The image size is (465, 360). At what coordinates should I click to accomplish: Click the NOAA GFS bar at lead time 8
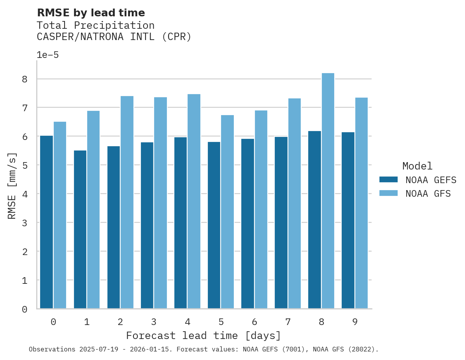coord(328,191)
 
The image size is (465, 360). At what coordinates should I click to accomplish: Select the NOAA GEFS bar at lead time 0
coord(47,222)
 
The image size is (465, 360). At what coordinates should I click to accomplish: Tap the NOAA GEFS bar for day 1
coord(80,229)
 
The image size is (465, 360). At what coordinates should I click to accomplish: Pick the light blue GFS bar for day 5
coord(228,212)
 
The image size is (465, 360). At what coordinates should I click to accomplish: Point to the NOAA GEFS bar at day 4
coord(181,223)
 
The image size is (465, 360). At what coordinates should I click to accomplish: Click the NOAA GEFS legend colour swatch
coord(388,180)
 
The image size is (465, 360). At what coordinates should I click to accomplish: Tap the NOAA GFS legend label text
coord(428,194)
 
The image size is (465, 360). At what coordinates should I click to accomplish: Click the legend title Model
coord(417,166)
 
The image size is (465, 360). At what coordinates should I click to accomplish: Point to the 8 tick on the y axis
coord(25,79)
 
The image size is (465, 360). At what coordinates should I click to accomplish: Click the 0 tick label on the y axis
coord(25,309)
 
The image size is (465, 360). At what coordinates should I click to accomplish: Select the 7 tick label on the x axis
coord(288,322)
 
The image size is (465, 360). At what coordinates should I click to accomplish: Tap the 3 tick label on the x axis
coord(154,322)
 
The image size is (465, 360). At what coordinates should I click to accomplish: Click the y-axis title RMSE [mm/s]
coord(12,186)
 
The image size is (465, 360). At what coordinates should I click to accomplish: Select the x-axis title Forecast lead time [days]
coord(204,336)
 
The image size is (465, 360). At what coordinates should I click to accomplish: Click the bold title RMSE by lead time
coord(91,13)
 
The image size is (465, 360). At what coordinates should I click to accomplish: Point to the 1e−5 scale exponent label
coord(48,55)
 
